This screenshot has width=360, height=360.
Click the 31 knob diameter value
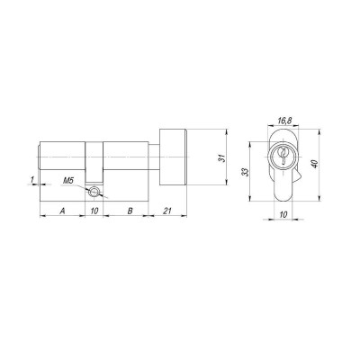[220, 159]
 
